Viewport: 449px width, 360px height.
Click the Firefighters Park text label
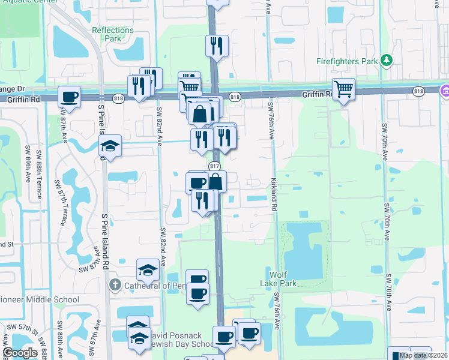tap(348, 61)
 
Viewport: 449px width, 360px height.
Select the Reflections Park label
tap(113, 34)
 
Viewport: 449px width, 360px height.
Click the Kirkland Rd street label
tap(274, 194)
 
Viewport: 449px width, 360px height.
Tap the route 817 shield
tap(214, 166)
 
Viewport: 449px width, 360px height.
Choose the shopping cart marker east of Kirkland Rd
tap(343, 89)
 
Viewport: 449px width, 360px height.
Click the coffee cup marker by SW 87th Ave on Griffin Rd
tap(70, 97)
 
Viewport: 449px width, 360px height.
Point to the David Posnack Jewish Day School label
tap(180, 338)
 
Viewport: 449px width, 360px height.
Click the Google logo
tap(20, 353)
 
